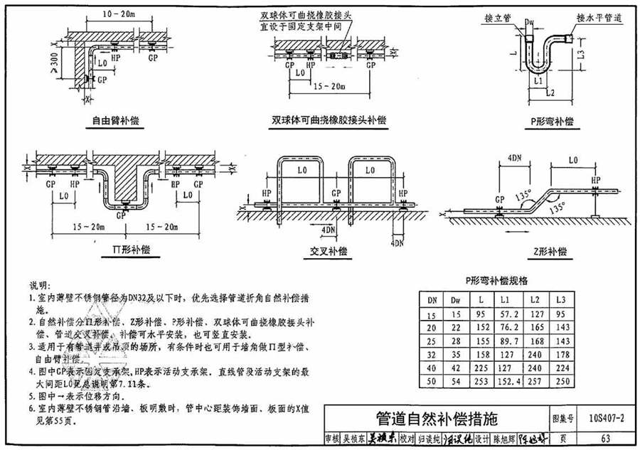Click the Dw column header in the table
pyautogui.click(x=456, y=301)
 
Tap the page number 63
pyautogui.click(x=605, y=438)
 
